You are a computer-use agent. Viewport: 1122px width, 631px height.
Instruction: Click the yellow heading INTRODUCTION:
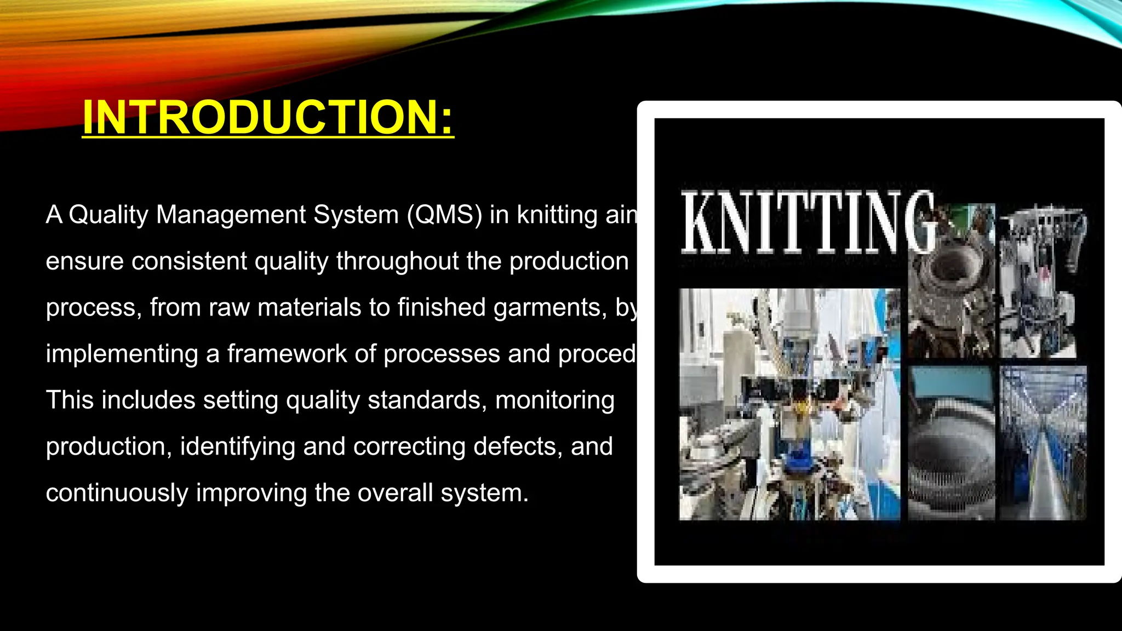[x=268, y=117]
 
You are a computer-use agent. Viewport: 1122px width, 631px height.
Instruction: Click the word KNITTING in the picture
[x=806, y=222]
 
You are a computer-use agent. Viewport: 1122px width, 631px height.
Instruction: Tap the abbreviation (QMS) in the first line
[x=444, y=215]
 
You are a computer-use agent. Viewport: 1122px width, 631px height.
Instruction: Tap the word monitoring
[x=554, y=400]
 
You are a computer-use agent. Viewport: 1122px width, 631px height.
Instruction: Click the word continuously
[x=117, y=493]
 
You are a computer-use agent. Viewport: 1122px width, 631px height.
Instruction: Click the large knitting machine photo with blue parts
[x=789, y=404]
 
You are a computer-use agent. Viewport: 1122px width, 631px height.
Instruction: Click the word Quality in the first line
[x=108, y=215]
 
